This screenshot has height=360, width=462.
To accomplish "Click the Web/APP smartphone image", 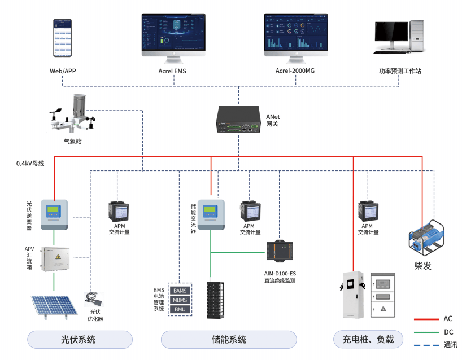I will pos(64,38).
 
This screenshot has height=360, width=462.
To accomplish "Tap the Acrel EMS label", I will pos(172,72).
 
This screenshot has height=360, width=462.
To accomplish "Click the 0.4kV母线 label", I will pos(30,164).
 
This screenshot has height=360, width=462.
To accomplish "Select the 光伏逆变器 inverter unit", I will pos(54,214).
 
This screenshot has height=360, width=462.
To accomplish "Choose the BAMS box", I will pos(180,290).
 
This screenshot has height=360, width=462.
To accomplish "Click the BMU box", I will pos(180,309).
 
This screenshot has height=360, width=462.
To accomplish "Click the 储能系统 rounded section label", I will pos(229,340).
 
